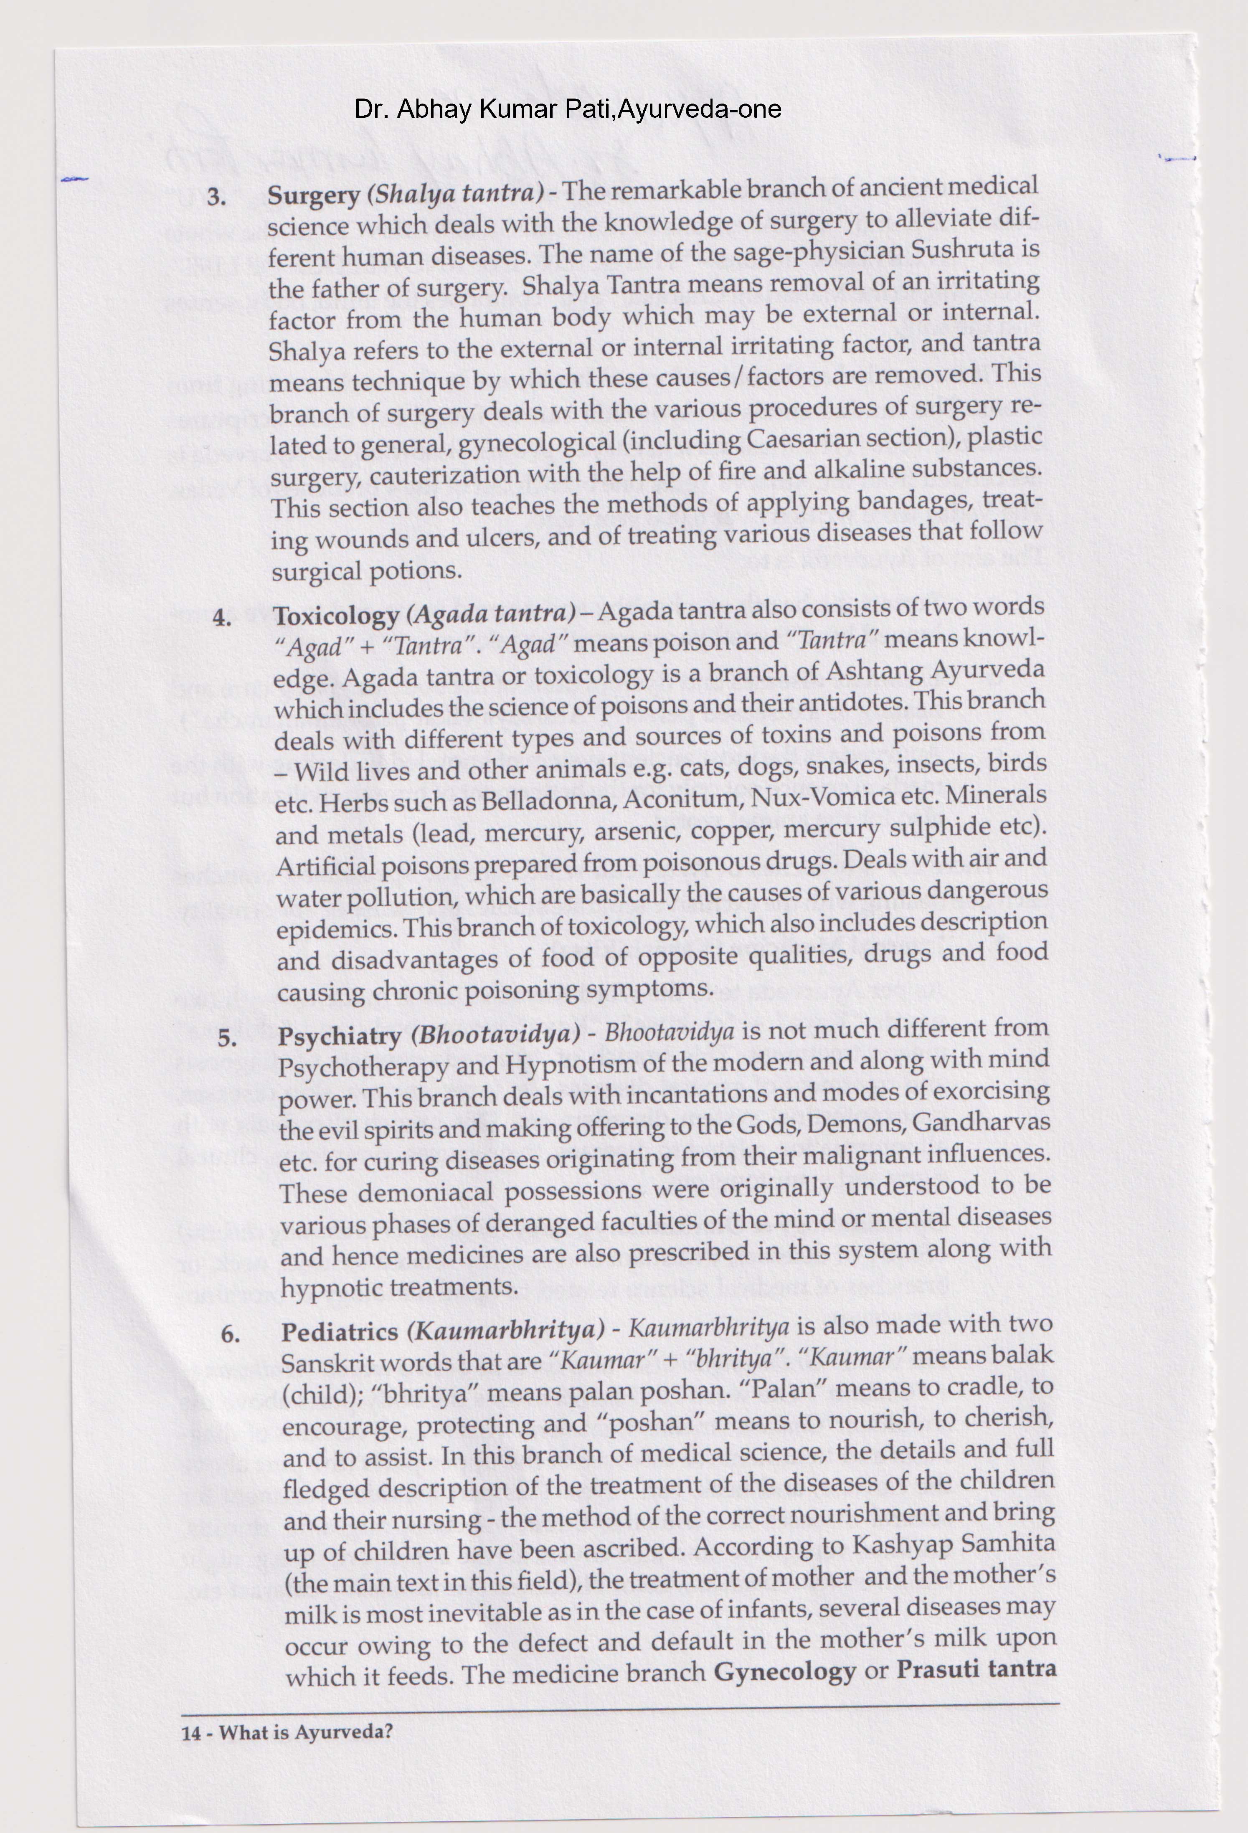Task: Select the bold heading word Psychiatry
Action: (x=340, y=1037)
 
